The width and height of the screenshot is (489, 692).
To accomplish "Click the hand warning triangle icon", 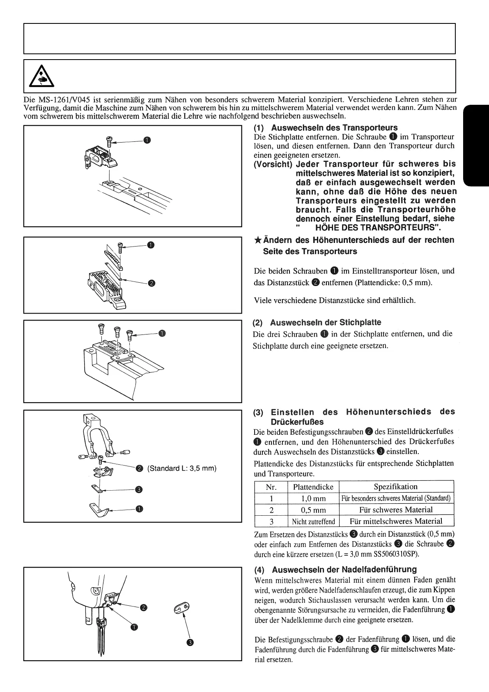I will coord(41,77).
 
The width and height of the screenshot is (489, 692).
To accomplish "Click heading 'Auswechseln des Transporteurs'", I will coord(334,128).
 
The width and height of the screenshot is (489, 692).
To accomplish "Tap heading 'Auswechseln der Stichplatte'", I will coord(326,323).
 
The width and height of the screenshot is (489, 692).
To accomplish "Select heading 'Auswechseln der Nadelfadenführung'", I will coord(344,570).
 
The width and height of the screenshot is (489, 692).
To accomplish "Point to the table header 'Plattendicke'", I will coord(313,487).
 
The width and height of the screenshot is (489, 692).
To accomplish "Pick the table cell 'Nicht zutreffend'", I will coord(313,521).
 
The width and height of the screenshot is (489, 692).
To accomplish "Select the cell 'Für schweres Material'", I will coord(396,510).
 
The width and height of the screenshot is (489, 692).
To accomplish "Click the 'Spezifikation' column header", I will coord(396,487).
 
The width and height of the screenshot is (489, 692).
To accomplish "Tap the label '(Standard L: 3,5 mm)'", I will coord(181,468).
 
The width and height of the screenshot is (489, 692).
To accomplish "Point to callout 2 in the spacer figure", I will coord(151,283).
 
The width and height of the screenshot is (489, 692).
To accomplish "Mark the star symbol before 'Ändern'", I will coord(257,240).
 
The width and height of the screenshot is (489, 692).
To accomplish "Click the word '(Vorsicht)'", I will coord(273,164).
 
